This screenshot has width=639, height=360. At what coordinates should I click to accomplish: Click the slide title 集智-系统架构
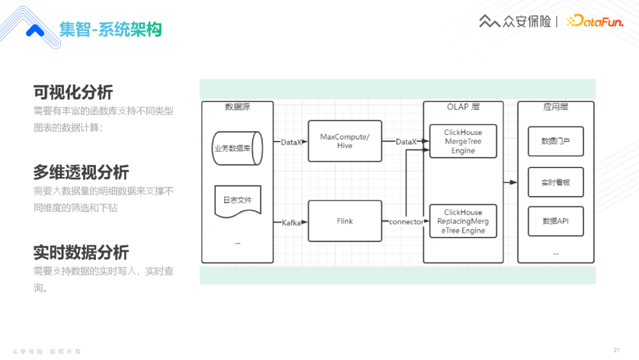click(x=110, y=30)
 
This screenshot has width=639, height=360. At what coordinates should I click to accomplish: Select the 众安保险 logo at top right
click(x=514, y=22)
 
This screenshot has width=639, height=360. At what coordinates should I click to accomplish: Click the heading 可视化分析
click(x=73, y=92)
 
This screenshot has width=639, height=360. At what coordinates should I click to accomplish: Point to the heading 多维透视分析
click(x=80, y=172)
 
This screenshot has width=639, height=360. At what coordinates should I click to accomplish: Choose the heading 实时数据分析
click(x=80, y=252)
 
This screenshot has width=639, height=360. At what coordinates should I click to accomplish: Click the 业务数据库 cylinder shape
click(x=237, y=148)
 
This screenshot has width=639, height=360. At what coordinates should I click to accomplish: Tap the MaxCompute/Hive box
click(x=344, y=141)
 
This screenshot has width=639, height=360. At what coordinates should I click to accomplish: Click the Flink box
click(x=344, y=221)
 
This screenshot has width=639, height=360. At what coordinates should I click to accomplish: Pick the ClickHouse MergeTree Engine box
click(x=463, y=141)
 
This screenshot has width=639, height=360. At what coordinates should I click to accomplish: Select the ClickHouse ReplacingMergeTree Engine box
click(x=463, y=221)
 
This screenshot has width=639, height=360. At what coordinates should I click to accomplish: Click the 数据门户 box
click(x=555, y=141)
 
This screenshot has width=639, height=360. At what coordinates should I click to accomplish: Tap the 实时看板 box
click(x=555, y=182)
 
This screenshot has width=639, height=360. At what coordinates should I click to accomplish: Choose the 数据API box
click(x=555, y=221)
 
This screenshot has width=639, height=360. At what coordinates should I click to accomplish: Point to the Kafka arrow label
click(x=291, y=223)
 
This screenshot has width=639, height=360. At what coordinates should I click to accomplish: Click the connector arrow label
click(x=406, y=222)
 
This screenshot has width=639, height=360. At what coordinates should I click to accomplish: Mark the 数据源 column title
click(x=237, y=107)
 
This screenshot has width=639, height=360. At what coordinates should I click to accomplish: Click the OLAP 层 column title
click(x=463, y=107)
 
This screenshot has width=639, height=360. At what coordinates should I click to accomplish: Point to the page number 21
click(x=617, y=349)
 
